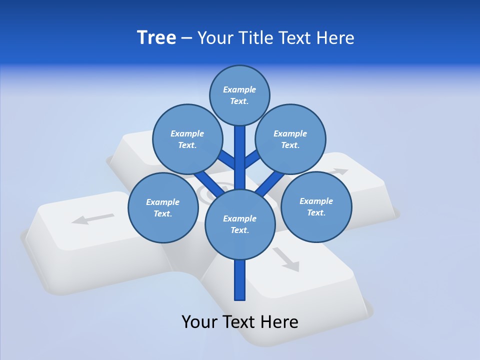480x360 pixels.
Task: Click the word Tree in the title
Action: point(156,37)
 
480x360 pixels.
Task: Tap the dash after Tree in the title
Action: point(186,38)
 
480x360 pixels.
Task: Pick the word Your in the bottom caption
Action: point(199,321)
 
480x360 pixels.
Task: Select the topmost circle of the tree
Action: point(239,95)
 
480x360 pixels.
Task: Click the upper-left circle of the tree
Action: point(187,139)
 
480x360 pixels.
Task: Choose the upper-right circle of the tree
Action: point(290,139)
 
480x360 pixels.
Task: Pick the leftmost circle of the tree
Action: point(163,207)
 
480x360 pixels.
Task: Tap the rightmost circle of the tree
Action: point(316,206)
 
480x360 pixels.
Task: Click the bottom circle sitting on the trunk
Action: point(240,224)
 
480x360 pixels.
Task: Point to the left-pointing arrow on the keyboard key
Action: point(93,218)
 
